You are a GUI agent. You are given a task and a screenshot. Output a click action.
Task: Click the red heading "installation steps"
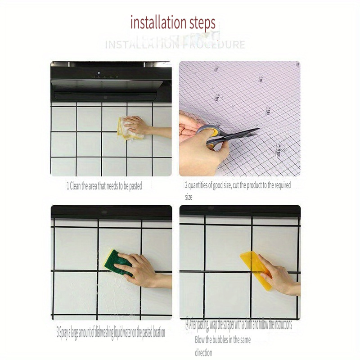coord(173,22)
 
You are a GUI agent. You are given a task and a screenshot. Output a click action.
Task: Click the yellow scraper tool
coord(256,270)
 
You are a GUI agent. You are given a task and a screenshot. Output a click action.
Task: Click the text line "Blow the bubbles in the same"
coord(222,340)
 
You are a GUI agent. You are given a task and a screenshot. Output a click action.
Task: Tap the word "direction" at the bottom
coord(203,353)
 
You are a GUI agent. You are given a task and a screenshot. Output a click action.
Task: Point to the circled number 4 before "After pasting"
coord(187,324)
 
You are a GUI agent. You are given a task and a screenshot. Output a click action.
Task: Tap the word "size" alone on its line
coord(189,197)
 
